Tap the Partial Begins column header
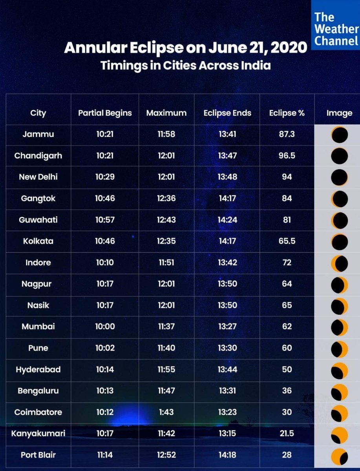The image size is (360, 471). click(105, 113)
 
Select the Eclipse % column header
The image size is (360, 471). click(287, 113)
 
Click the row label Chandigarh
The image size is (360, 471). click(38, 156)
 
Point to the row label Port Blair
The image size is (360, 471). click(38, 455)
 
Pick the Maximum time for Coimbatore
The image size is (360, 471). click(166, 413)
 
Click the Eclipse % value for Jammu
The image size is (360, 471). click(287, 135)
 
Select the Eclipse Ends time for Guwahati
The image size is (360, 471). click(227, 220)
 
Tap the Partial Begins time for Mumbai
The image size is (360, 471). click(105, 327)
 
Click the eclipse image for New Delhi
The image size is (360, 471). click(339, 177)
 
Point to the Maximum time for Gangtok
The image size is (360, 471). click(166, 199)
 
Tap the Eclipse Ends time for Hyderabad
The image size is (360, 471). click(227, 370)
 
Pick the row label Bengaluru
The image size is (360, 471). click(38, 391)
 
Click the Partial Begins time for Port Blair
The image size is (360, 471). click(105, 455)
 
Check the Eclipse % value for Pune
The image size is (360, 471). click(287, 348)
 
